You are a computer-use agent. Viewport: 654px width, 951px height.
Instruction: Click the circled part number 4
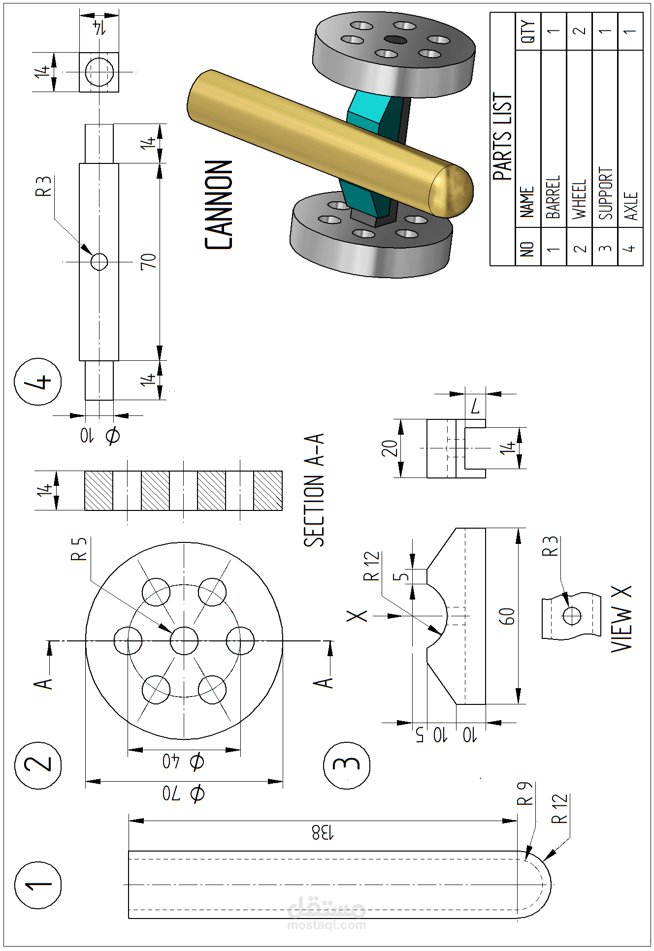coord(38,381)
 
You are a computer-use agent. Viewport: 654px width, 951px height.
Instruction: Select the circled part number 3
coord(347,764)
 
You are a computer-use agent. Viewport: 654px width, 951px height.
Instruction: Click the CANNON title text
coord(218,204)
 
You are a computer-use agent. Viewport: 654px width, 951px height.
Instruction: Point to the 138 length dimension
coord(323,832)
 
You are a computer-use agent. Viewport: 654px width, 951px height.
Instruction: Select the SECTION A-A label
coord(314,490)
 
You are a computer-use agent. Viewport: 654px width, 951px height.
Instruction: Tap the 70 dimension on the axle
coord(149,261)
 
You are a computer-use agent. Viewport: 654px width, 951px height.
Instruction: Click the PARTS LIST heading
coord(503,137)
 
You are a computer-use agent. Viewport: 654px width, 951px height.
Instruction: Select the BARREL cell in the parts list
coord(554,197)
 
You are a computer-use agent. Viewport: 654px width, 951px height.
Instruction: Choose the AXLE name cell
coord(630,206)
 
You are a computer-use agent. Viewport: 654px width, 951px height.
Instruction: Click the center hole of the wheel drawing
coord(184,641)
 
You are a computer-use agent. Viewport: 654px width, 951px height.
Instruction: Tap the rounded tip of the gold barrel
coord(453,191)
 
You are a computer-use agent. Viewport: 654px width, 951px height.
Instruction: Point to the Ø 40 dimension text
coord(184,762)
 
